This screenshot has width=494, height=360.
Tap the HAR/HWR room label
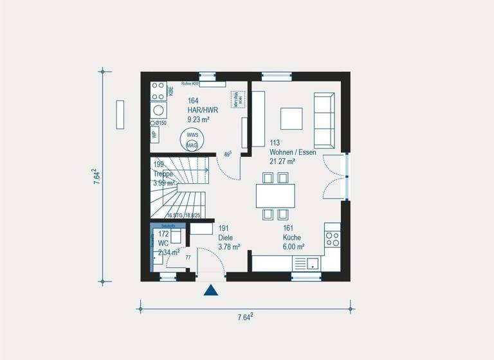[203, 110]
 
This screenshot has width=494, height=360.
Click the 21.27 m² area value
[282, 162]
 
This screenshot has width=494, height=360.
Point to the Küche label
[292, 237]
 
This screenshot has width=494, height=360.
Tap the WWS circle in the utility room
[192, 136]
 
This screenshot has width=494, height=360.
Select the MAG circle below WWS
[192, 146]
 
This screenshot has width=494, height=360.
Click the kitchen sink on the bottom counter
[313, 263]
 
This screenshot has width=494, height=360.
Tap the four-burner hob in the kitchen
[333, 240]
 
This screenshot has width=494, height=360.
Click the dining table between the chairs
[275, 195]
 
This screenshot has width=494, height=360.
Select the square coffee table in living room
[291, 118]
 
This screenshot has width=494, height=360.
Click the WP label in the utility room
[154, 135]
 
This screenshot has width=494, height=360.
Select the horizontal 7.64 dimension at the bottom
[245, 317]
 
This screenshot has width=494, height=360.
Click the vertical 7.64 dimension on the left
[95, 177]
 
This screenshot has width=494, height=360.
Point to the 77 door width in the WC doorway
[188, 257]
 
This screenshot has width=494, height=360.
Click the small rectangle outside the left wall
[120, 114]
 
